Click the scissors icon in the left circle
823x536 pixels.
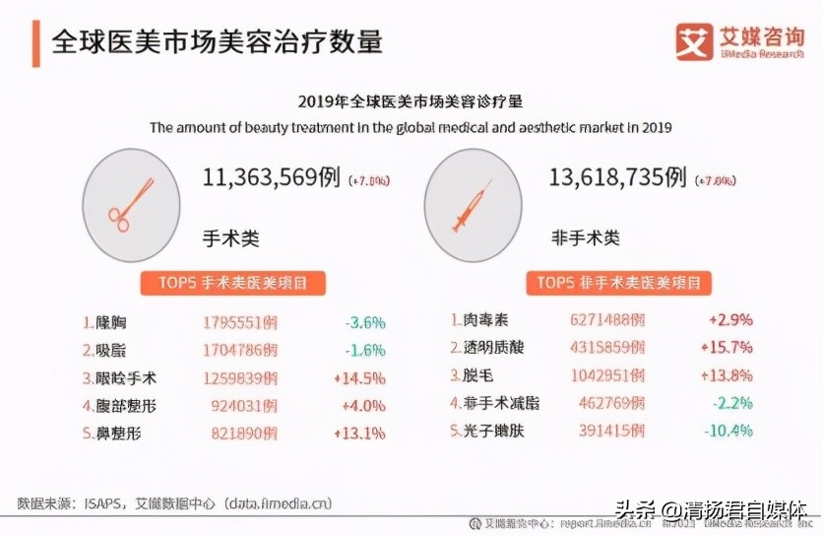pos(131,204)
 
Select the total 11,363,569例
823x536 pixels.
pos(272,177)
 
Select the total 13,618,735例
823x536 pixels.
pos(617,177)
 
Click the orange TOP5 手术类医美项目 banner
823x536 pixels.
pos(233,283)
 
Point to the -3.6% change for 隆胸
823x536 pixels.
pos(364,322)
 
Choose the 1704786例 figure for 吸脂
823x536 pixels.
pos(240,350)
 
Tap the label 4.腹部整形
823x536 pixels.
pos(119,405)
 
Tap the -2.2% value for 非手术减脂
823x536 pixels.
pos(731,403)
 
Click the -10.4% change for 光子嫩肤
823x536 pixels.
pos(728,431)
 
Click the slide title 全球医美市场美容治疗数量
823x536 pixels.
pos(217,41)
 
